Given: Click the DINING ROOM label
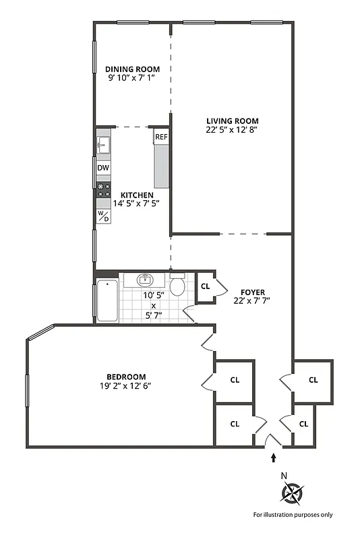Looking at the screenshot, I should click(x=132, y=69).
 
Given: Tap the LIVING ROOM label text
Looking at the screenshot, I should click(x=233, y=121).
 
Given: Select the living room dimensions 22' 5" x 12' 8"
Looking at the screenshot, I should click(x=233, y=131).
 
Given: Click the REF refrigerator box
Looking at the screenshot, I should click(x=161, y=137).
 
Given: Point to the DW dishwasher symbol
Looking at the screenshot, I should click(x=103, y=168).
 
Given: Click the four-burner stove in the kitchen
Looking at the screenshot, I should click(x=103, y=191).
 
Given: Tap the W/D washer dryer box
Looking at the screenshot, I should click(x=103, y=216).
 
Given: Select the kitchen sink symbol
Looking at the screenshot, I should click(x=103, y=144).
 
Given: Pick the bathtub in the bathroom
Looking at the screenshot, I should click(x=107, y=300).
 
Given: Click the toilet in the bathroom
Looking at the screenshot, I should click(x=177, y=286).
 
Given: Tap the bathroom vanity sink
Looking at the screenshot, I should click(x=144, y=279).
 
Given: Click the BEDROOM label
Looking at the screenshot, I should click(x=125, y=377).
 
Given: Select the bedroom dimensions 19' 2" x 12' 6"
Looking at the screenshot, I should click(x=125, y=386).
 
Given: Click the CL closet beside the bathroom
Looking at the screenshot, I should click(x=206, y=286).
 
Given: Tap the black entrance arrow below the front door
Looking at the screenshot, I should click(x=273, y=458).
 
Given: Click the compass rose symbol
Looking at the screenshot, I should click(x=292, y=495).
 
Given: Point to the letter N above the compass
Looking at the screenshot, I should click(x=284, y=476).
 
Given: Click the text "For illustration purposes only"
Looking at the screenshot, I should click(x=293, y=515).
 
